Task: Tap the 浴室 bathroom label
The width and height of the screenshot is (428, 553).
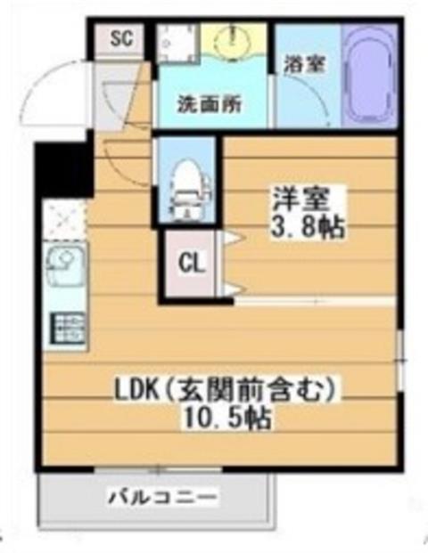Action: [x=304, y=64]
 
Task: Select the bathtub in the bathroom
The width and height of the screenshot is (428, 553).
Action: [x=369, y=75]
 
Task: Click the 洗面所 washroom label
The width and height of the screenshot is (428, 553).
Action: [x=209, y=105]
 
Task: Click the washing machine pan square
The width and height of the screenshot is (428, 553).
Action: [x=177, y=41]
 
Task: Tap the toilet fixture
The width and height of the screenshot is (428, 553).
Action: [x=188, y=189]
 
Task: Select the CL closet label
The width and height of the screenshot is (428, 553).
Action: [x=192, y=263]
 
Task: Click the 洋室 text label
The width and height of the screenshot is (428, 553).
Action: [x=300, y=199]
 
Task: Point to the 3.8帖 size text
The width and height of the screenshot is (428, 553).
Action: [x=308, y=226]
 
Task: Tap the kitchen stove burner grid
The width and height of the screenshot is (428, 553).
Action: [x=68, y=328]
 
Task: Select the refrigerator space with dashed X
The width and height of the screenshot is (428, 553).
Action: [x=64, y=219]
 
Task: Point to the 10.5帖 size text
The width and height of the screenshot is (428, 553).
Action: [x=226, y=419]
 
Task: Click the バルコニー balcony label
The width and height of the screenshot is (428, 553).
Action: [x=163, y=498]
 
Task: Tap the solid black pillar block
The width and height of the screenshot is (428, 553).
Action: [x=64, y=169]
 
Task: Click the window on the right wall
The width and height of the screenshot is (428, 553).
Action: [x=400, y=361]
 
